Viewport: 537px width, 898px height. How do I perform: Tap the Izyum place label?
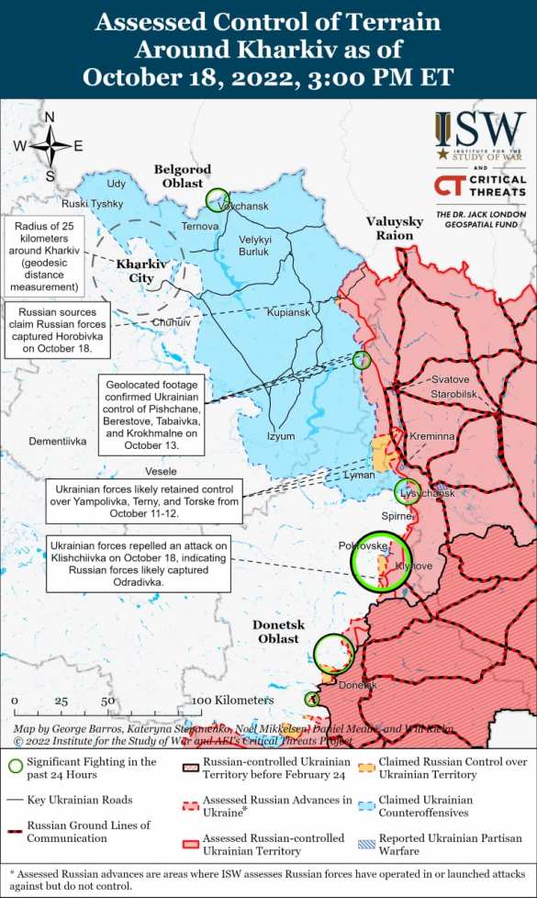click(x=282, y=436)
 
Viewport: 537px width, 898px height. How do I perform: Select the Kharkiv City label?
click(x=142, y=271)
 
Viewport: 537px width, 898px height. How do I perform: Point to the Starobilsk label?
click(x=454, y=394)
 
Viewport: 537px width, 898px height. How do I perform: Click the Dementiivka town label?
click(x=57, y=442)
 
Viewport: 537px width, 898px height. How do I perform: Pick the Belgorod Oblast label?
click(x=182, y=176)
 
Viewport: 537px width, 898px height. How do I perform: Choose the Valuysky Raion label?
click(x=395, y=229)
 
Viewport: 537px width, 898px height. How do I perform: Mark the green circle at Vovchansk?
click(x=218, y=198)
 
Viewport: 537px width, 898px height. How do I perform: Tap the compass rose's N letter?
click(x=50, y=117)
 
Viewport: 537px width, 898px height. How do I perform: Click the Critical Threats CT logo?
click(x=449, y=186)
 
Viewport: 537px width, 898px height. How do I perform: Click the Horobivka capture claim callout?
click(x=60, y=331)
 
